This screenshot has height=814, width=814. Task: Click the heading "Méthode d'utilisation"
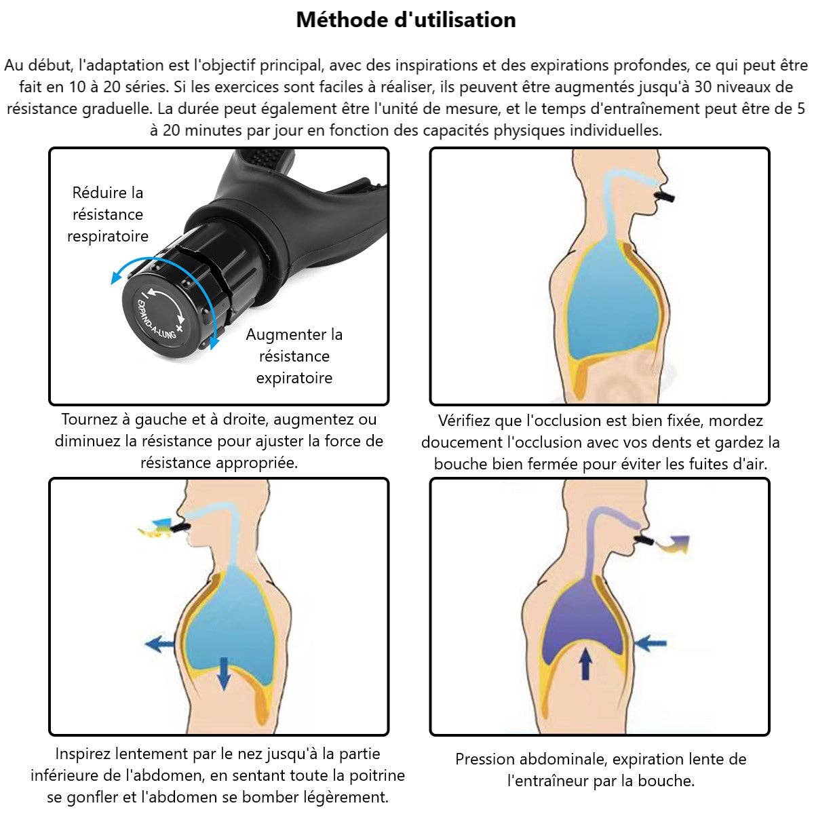(406, 20)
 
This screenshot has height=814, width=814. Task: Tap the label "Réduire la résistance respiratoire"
(108, 214)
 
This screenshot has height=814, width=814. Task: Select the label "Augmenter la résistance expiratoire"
(294, 356)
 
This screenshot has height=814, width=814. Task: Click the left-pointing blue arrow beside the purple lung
(652, 642)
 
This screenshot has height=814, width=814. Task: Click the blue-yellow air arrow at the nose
(154, 528)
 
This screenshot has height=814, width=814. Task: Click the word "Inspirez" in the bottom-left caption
(83, 754)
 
